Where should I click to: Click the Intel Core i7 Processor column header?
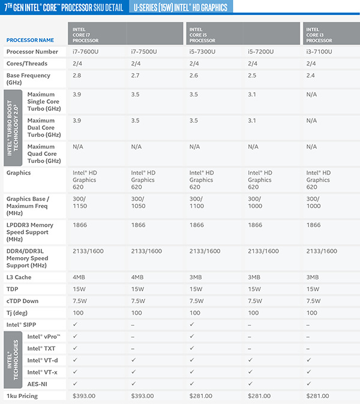[x=86, y=34]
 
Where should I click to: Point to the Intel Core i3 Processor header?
[x=320, y=34]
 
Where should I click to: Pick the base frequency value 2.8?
[x=76, y=76]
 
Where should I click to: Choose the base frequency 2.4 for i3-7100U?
[x=310, y=76]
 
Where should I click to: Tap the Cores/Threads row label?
[x=27, y=64]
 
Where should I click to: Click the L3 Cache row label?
[x=20, y=278]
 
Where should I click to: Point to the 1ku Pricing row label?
[x=23, y=396]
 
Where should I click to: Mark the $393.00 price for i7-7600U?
[x=85, y=396]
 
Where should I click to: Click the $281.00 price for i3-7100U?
[x=319, y=396]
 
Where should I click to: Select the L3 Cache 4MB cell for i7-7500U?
[x=138, y=278]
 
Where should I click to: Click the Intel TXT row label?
[x=40, y=348]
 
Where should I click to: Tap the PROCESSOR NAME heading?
[x=30, y=40]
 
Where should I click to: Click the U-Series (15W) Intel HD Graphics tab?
[x=181, y=7]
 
